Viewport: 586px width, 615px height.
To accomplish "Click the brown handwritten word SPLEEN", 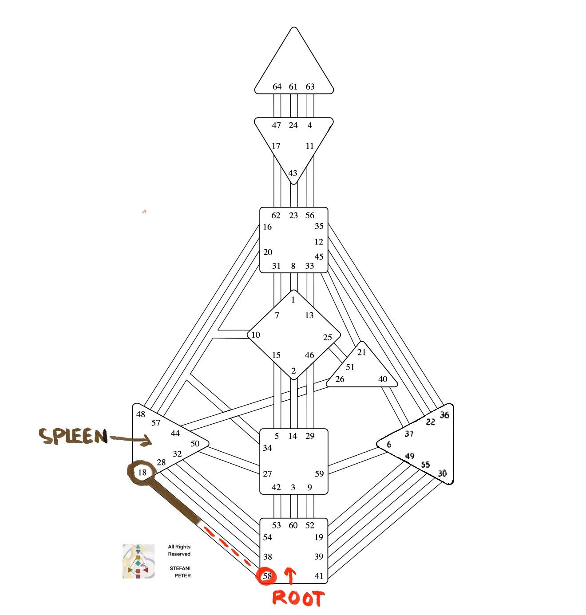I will (73, 437).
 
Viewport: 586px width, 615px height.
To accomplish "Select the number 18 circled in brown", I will (142, 473).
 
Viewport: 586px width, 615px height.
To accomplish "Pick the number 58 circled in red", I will (267, 576).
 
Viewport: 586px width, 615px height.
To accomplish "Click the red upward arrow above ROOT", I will (290, 575).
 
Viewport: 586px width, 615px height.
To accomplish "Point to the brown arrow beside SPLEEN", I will (130, 439).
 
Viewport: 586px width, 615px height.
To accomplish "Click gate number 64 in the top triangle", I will (277, 87).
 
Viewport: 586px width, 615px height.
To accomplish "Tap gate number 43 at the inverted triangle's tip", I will (293, 173).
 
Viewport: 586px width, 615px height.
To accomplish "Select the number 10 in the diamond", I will (256, 335).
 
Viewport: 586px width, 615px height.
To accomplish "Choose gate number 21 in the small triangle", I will (362, 352).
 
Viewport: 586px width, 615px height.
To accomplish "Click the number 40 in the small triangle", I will (383, 379).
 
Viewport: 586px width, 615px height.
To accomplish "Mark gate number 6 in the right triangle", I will (389, 445).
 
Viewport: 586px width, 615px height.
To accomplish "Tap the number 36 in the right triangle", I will (444, 415).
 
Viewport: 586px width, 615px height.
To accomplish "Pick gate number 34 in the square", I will (267, 448).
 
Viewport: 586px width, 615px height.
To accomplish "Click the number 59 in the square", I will (319, 473).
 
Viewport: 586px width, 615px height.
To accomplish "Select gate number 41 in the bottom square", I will (319, 576).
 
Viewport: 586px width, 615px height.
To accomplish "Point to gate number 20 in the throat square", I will (268, 252).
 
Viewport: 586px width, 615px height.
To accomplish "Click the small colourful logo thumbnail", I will (139, 561).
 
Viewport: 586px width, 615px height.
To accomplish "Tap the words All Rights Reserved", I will (179, 550).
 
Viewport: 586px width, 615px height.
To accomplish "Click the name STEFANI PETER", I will (180, 572).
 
